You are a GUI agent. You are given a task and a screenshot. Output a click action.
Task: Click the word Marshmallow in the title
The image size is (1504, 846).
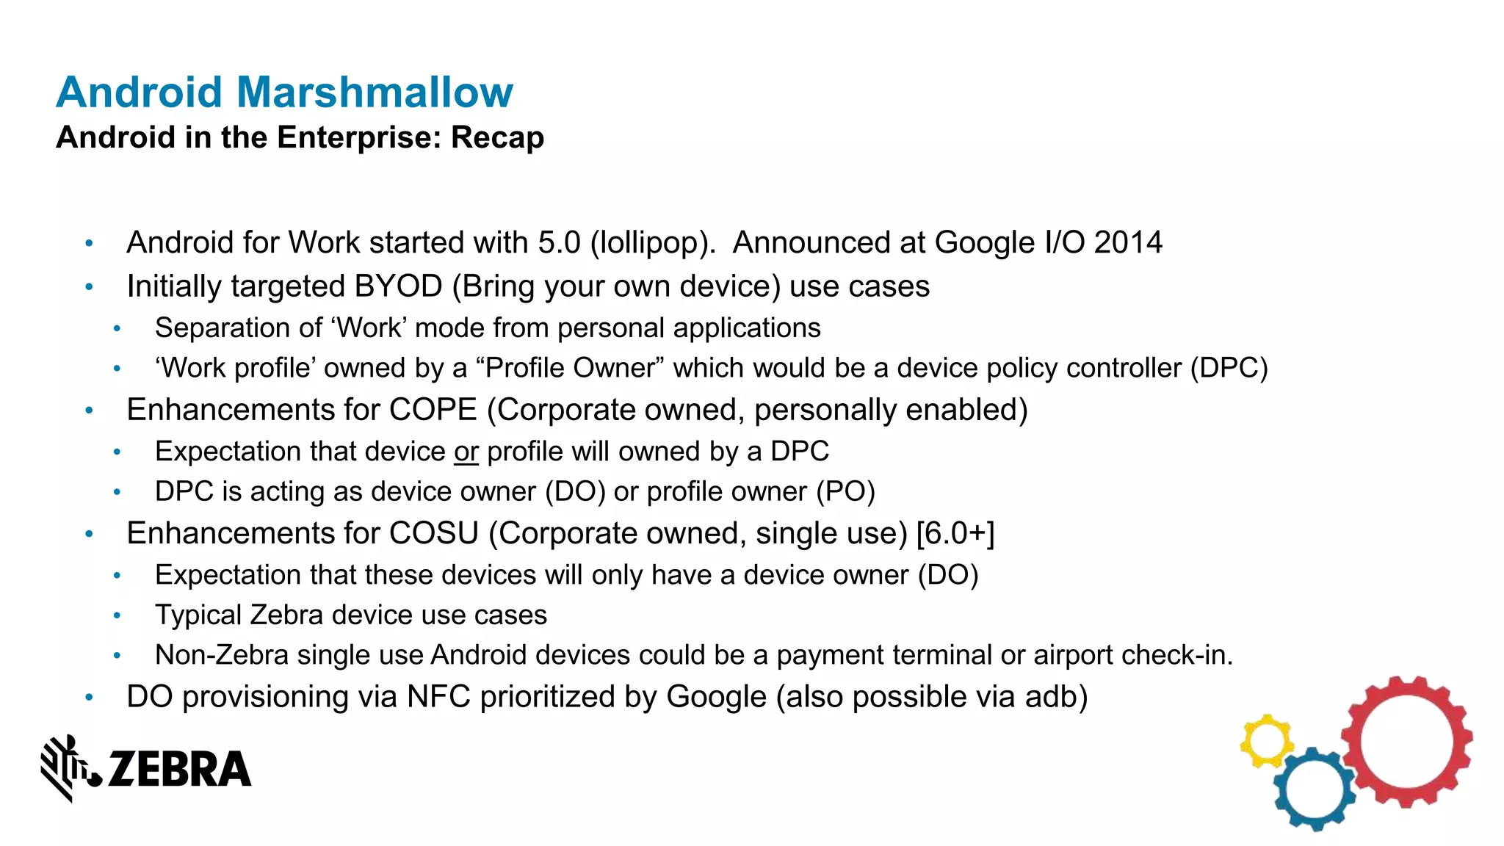point(375,93)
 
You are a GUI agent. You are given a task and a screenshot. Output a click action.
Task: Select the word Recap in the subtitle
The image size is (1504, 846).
point(497,138)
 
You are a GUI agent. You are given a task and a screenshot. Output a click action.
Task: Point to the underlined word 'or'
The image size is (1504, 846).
point(466,452)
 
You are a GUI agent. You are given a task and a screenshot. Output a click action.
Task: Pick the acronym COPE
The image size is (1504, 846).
point(433,410)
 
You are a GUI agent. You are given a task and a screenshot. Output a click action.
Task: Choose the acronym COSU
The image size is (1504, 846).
point(434,533)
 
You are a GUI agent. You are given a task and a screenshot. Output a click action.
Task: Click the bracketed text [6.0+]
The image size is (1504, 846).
point(955,533)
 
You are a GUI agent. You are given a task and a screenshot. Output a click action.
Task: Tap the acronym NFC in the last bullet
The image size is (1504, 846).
point(438,697)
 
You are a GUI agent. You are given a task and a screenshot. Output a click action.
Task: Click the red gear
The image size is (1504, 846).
point(1406,742)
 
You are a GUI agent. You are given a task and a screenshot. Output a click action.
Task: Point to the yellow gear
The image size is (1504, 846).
point(1266,741)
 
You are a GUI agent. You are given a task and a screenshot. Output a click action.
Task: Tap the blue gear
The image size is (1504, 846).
point(1315,789)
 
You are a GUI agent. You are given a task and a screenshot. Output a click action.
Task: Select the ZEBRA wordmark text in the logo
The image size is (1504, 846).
point(180,770)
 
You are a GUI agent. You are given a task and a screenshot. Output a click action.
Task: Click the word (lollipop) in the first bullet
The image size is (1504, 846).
point(653,243)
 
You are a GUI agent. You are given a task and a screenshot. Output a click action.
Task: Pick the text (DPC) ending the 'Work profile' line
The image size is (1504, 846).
point(1229,368)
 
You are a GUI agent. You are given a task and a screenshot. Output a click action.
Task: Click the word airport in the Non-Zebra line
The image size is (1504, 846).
point(1073,655)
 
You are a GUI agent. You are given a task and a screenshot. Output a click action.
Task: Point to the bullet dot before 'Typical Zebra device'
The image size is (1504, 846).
point(117,615)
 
